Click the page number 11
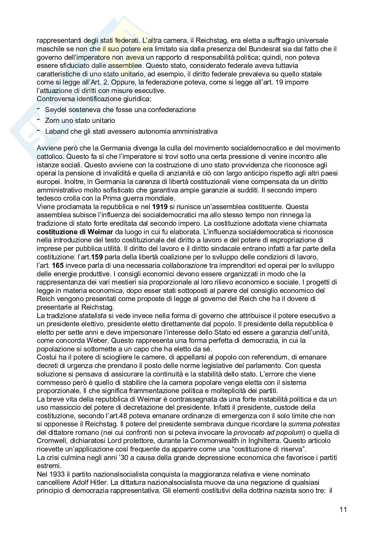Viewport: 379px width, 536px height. click(x=343, y=510)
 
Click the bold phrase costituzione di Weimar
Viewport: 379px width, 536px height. click(x=66, y=232)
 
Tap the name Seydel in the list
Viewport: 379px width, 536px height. click(x=55, y=110)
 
